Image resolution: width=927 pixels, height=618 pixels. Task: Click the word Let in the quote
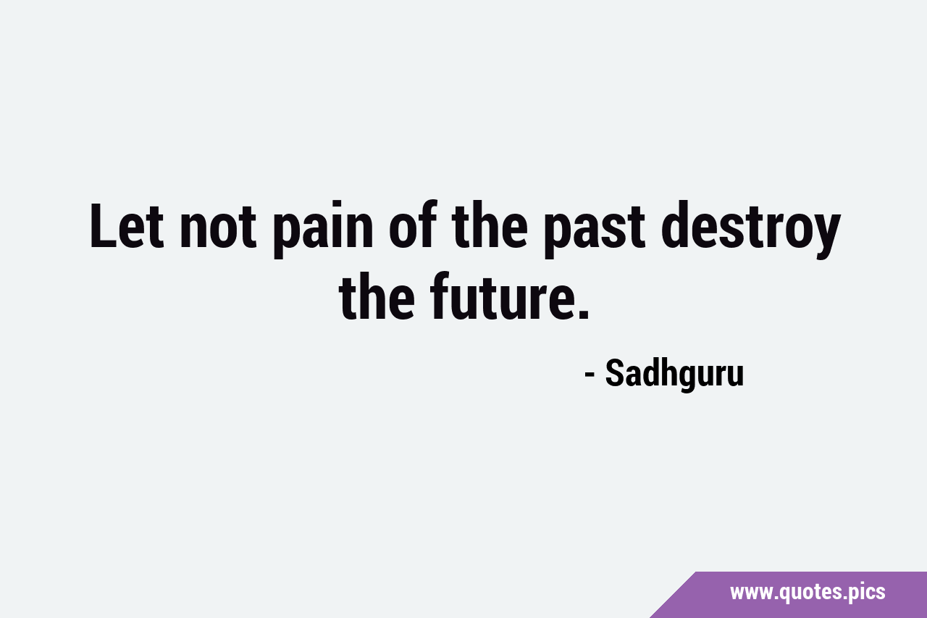point(127,226)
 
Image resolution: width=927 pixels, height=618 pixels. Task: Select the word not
point(218,227)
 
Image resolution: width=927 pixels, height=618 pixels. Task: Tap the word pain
point(323,230)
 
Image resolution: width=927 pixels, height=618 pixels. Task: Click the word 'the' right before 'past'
point(490,225)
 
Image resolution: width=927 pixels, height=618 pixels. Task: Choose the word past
point(595,233)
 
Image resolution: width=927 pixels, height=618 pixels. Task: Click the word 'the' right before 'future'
point(377,296)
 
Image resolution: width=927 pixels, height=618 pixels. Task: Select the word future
point(498,296)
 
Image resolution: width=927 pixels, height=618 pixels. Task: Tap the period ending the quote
point(582,313)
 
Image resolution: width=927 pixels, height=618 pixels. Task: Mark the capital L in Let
point(102,226)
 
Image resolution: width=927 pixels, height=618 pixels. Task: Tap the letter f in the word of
point(427,225)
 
